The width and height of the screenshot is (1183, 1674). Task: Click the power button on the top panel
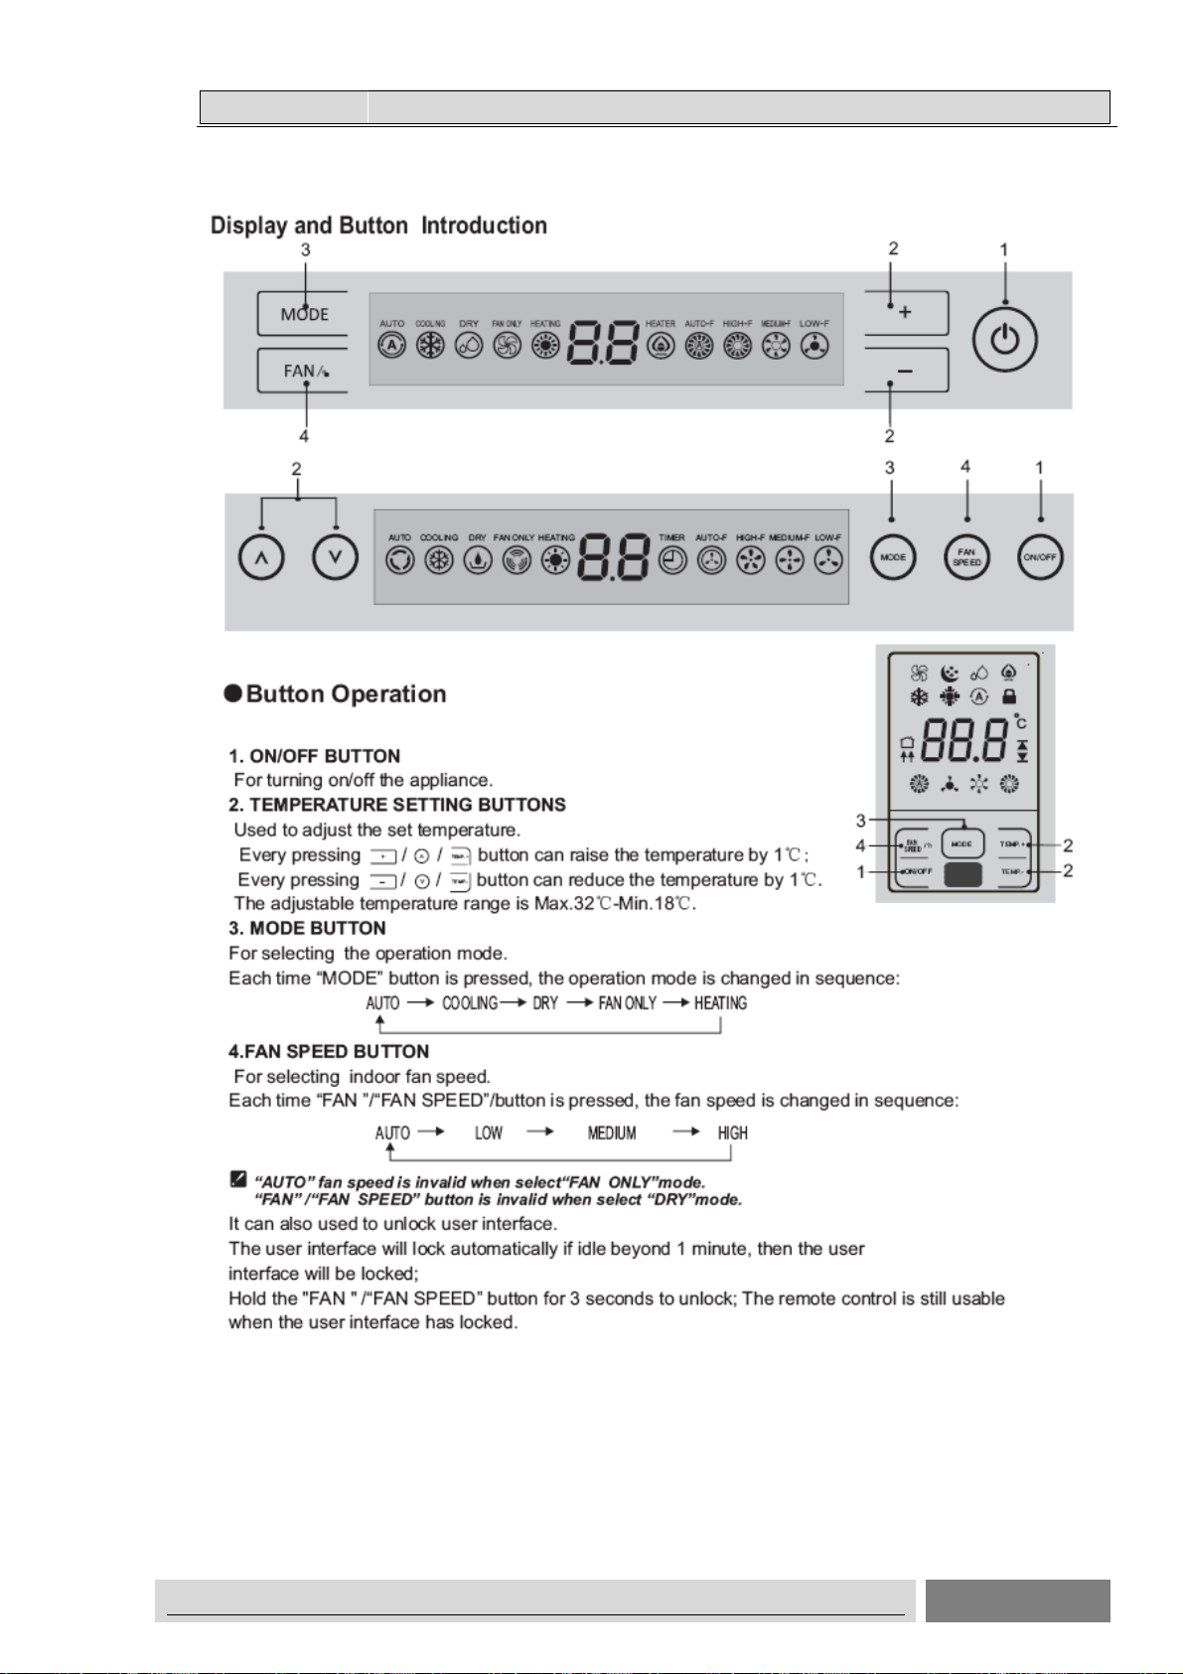(1005, 339)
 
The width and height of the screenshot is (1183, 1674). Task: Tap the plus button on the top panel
(905, 313)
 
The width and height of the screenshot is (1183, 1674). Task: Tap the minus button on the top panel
(905, 372)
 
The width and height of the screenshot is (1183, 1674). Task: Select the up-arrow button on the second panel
(261, 557)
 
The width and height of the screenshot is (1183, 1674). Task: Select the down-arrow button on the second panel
(336, 557)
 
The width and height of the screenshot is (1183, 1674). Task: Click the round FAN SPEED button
(966, 557)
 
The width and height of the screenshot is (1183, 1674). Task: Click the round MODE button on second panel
(893, 557)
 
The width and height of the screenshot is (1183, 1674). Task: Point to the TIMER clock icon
(671, 561)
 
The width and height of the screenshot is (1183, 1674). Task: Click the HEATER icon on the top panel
(661, 346)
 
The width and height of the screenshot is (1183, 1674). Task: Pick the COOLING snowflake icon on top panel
(430, 346)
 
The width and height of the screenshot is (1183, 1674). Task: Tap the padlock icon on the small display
(1009, 696)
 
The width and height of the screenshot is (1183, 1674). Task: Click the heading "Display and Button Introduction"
(378, 226)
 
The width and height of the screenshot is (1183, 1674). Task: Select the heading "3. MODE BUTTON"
(307, 928)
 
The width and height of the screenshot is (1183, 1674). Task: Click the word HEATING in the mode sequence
(720, 1003)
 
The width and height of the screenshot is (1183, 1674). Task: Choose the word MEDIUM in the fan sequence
(612, 1134)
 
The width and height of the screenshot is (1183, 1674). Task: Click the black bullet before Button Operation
(232, 693)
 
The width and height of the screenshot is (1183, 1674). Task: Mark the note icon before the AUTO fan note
(238, 1179)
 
